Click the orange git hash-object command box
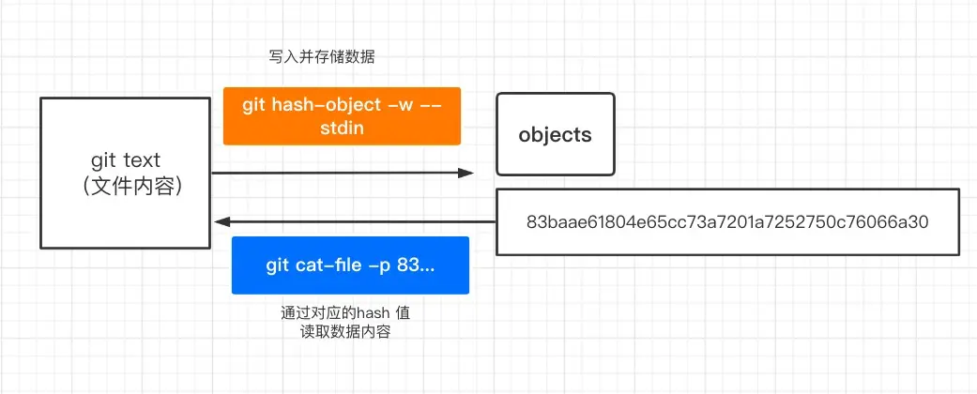coord(342,116)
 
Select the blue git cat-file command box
coord(349,265)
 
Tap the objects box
coord(555,134)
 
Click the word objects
coord(555,134)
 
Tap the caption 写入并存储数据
coord(322,57)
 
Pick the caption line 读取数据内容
coord(339,332)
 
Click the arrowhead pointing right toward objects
coord(466,173)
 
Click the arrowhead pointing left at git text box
coord(221,222)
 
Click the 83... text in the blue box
coord(416,265)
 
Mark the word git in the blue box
coord(277,265)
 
